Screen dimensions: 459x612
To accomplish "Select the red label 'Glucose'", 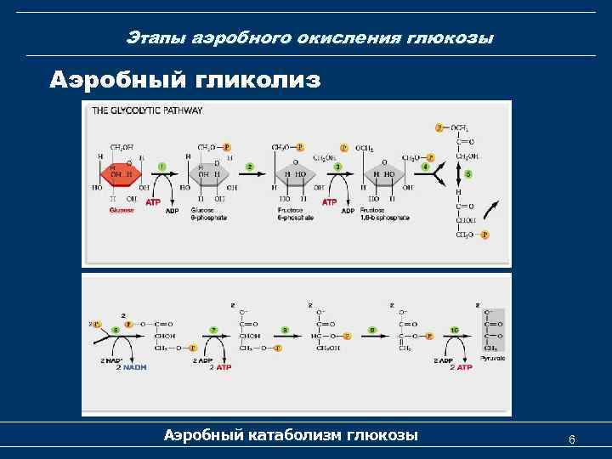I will [x=121, y=210].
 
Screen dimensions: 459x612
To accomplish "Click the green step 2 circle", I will [x=252, y=167].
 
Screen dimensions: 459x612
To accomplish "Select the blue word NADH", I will [x=133, y=367].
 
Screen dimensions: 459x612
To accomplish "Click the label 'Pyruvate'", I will [x=492, y=359].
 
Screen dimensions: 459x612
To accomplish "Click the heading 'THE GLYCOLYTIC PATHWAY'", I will [x=148, y=110].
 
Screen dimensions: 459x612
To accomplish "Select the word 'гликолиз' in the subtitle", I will [x=258, y=80].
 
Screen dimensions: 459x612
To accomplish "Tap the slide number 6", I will [x=572, y=439].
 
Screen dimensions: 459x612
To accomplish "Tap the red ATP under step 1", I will [x=152, y=203].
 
